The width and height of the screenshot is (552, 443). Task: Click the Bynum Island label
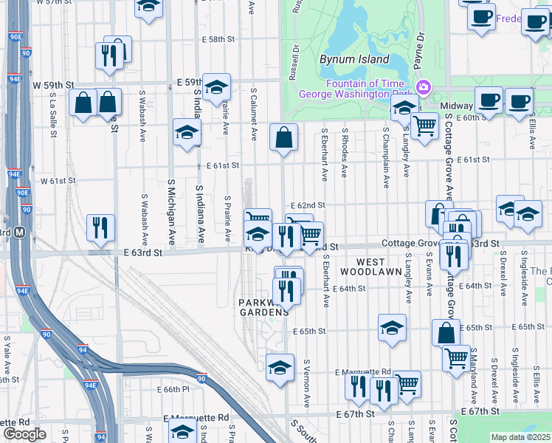tap(354, 59)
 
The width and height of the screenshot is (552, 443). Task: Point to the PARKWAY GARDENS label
tap(263, 307)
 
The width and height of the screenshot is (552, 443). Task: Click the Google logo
tap(24, 434)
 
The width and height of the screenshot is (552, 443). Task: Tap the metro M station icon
tap(20, 233)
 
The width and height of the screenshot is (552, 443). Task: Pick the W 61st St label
tap(58, 180)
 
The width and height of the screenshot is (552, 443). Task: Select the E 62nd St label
tap(308, 205)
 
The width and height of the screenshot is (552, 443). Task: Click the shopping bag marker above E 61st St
tap(284, 137)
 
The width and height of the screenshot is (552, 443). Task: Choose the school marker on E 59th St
tap(216, 87)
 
